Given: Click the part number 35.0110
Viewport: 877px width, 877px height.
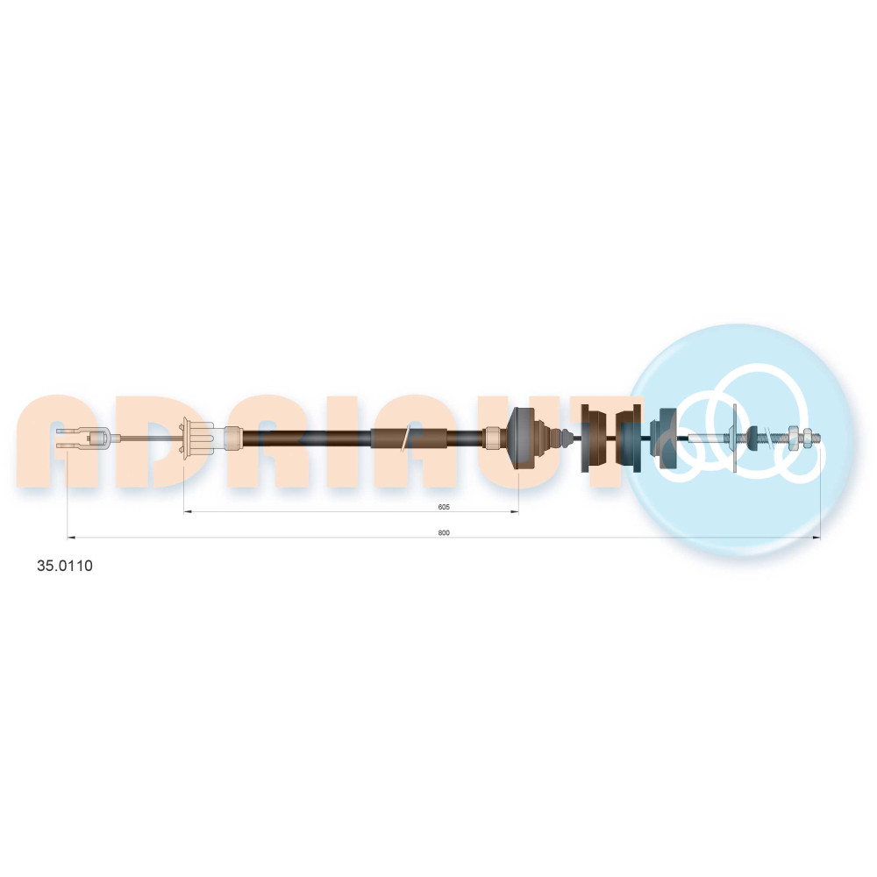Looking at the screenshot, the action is coord(65,566).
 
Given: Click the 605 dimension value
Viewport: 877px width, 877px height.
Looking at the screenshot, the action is coord(444,507).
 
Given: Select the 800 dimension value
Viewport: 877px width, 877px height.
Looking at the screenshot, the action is coord(444,532).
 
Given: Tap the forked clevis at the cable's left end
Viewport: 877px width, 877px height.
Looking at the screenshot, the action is coord(84,438).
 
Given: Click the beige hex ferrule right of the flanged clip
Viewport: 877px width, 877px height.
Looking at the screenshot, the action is coord(232,438).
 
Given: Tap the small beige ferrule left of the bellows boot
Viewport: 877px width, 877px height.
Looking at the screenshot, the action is coord(493,438).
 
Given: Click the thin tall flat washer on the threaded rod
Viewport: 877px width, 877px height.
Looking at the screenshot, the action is coord(734,438).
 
